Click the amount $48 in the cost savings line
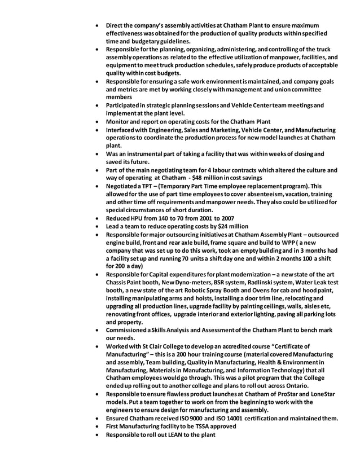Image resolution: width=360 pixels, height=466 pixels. [200, 178]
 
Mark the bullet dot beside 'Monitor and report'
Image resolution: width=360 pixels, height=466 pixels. [100, 122]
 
